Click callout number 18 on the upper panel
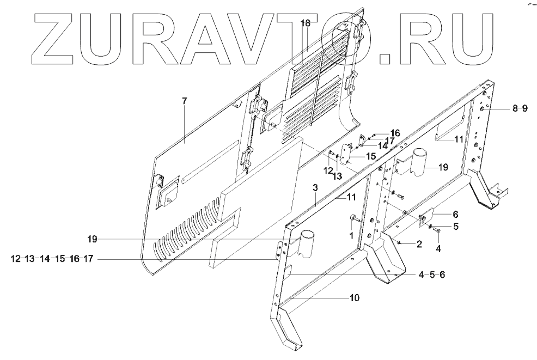pyautogui.click(x=306, y=23)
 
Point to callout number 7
pyautogui.click(x=184, y=101)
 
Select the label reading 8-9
pyautogui.click(x=519, y=108)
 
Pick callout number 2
pyautogui.click(x=419, y=245)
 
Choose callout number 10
pyautogui.click(x=355, y=298)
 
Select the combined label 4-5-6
pyautogui.click(x=432, y=274)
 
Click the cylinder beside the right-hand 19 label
pyautogui.click(x=422, y=160)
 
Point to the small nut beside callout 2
pyautogui.click(x=399, y=241)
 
